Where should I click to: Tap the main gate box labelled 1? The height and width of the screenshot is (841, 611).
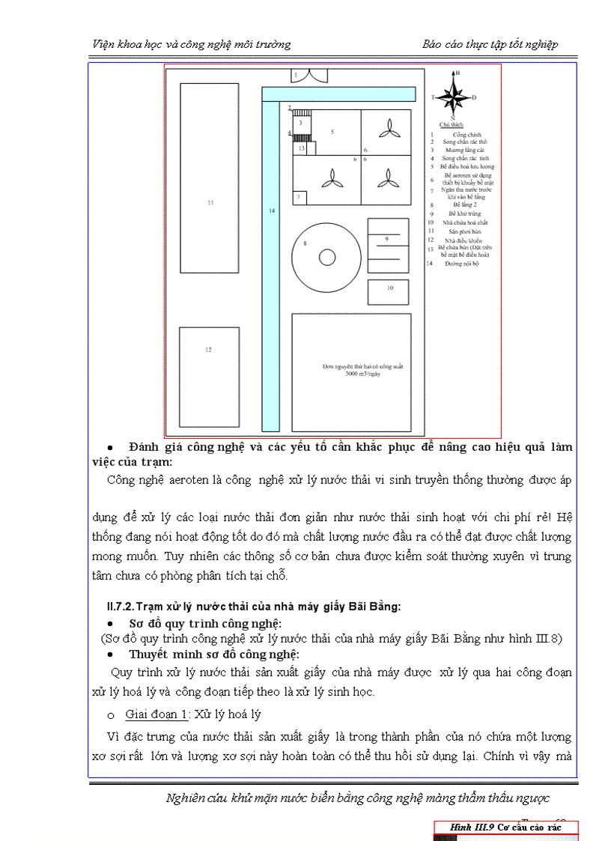pyautogui.click(x=297, y=75)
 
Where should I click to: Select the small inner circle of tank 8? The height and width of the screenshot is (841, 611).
pyautogui.click(x=326, y=258)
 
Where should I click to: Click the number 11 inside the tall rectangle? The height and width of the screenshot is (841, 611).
pyautogui.click(x=210, y=202)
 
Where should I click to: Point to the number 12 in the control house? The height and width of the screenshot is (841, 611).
pyautogui.click(x=209, y=350)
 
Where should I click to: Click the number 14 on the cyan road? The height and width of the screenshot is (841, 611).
pyautogui.click(x=271, y=212)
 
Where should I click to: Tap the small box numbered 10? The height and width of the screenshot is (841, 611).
pyautogui.click(x=389, y=288)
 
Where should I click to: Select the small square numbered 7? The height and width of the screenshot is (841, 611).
pyautogui.click(x=299, y=197)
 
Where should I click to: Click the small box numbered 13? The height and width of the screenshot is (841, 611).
pyautogui.click(x=301, y=149)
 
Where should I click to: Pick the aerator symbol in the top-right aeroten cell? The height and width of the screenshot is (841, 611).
pyautogui.click(x=387, y=130)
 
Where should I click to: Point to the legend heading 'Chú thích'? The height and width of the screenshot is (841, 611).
pyautogui.click(x=452, y=124)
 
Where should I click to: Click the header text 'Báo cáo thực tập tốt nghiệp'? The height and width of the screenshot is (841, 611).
pyautogui.click(x=490, y=44)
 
